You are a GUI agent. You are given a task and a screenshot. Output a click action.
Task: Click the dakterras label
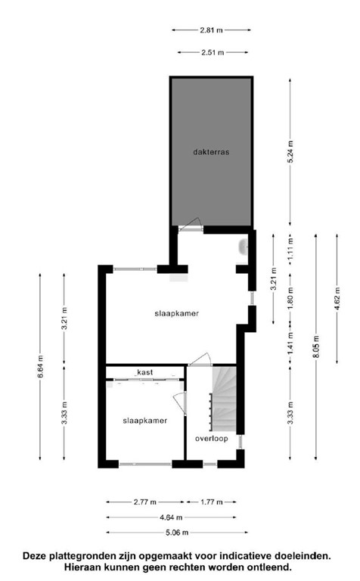[x=210, y=152]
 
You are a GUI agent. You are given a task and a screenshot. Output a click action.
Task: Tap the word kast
[x=146, y=372]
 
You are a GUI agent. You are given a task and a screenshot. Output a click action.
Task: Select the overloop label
[x=211, y=438]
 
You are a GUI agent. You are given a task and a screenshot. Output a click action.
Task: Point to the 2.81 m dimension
[x=211, y=30]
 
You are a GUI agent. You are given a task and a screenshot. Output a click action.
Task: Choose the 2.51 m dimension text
[x=211, y=53]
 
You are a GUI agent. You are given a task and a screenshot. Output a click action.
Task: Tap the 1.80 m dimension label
[x=291, y=306]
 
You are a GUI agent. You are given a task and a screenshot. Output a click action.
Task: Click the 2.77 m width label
[x=142, y=502]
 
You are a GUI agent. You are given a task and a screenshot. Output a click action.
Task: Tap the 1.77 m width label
[x=212, y=502]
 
